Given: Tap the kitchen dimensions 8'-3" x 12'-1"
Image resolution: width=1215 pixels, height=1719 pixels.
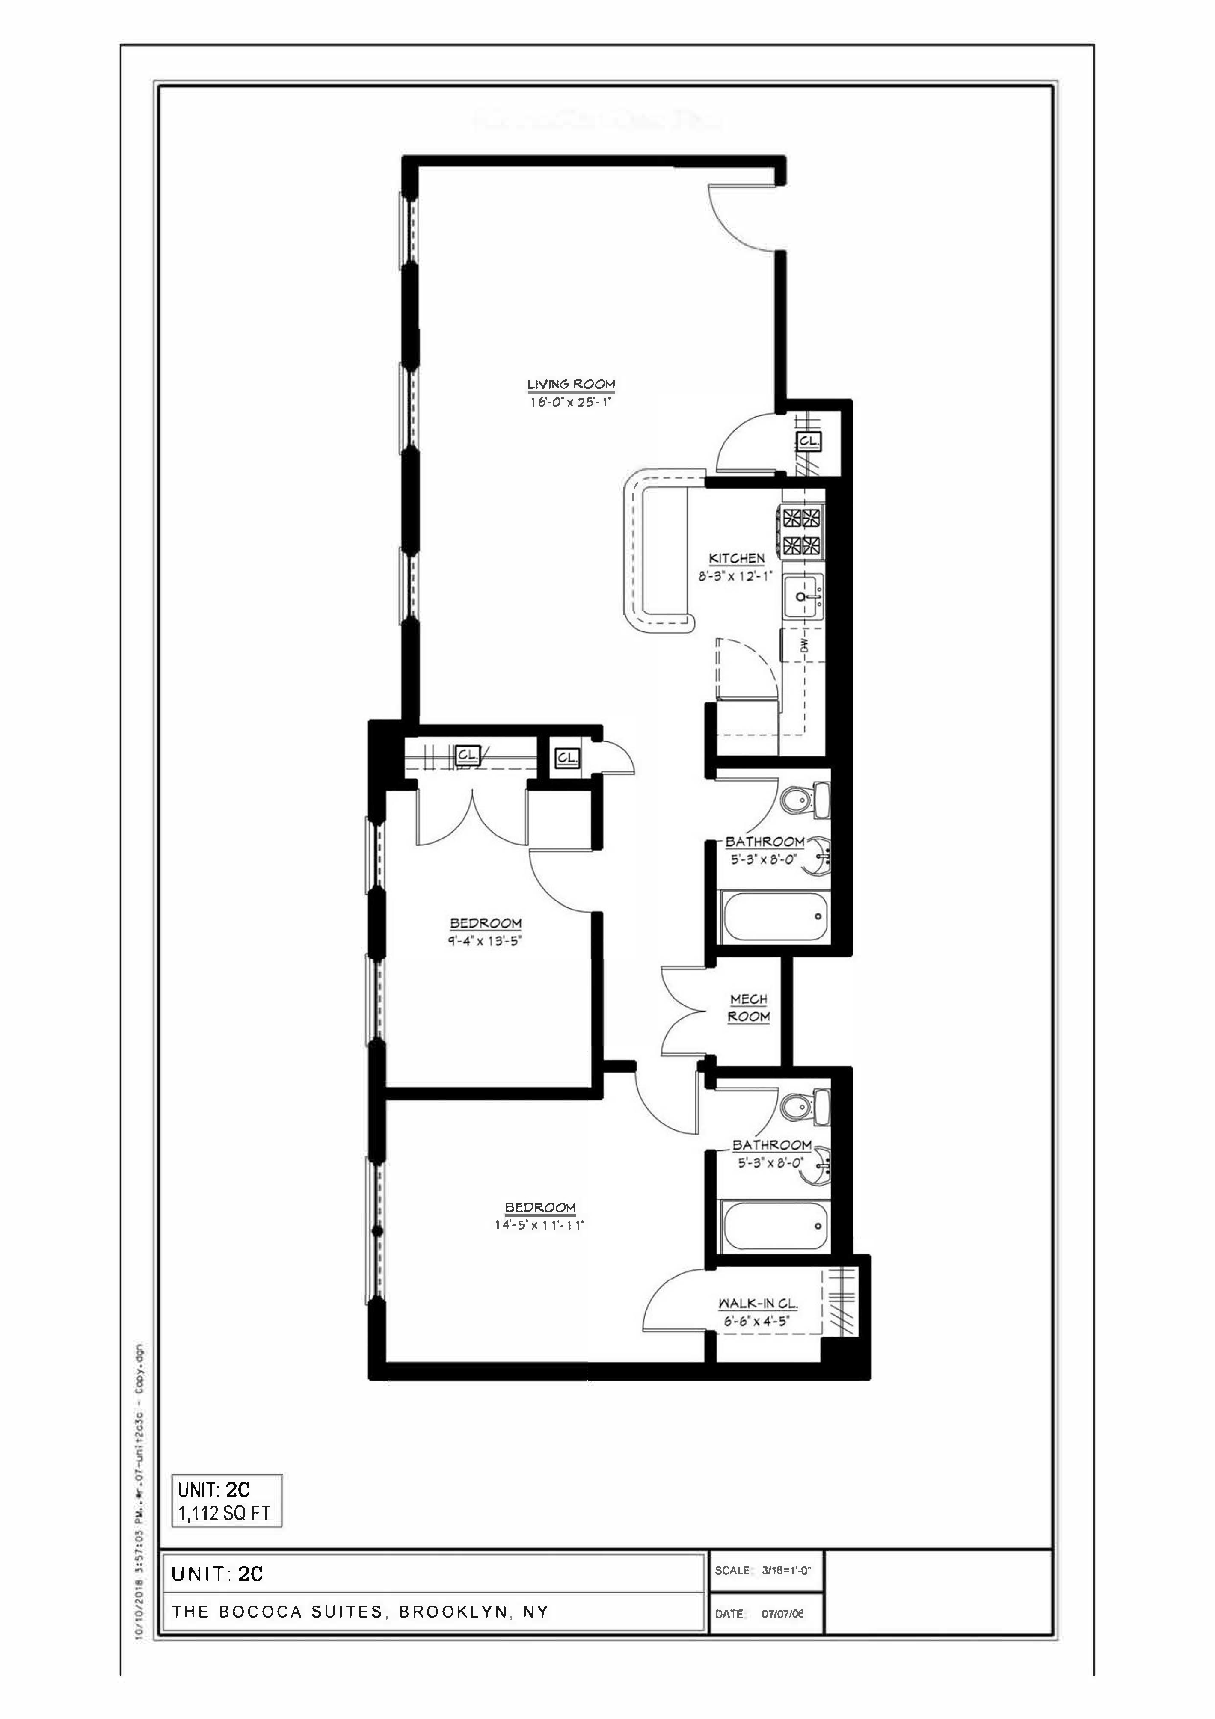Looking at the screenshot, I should pyautogui.click(x=736, y=577).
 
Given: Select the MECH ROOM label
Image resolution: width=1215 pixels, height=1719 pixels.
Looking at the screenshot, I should pyautogui.click(x=749, y=1008).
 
